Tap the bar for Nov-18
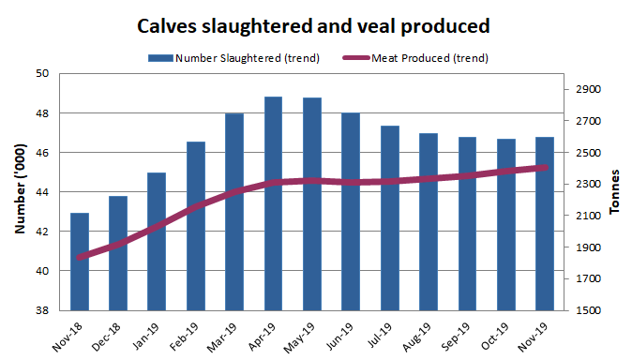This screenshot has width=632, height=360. (x=80, y=262)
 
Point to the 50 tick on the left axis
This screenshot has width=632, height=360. (x=42, y=73)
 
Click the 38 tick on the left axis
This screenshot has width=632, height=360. (x=42, y=310)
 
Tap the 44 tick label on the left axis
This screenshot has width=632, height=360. (x=42, y=192)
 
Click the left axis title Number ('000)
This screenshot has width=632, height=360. (x=20, y=192)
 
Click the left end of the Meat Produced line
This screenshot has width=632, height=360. (x=80, y=257)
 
